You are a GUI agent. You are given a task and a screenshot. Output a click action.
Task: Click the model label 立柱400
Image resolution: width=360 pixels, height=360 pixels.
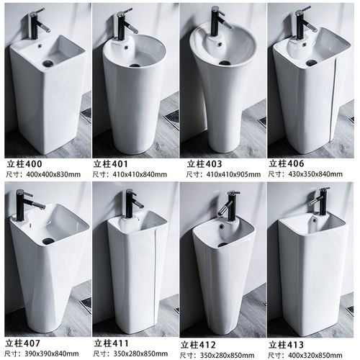tap(24, 164)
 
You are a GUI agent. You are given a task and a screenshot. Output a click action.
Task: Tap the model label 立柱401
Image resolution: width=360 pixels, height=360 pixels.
tap(111, 164)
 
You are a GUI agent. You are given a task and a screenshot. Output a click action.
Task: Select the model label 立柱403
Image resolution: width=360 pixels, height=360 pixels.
tap(204, 164)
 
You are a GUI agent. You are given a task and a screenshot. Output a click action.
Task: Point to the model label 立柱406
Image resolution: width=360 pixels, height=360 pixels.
tap(287, 163)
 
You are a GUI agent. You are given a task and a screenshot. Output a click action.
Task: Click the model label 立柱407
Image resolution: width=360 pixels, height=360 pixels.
tap(23, 343)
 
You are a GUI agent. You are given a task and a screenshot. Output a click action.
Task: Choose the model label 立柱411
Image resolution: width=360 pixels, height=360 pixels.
tap(112, 343)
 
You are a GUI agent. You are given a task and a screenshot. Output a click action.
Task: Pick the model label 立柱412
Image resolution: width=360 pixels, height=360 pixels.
tap(198, 345)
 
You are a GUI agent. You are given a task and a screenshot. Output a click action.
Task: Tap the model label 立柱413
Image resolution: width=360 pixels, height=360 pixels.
tap(286, 345)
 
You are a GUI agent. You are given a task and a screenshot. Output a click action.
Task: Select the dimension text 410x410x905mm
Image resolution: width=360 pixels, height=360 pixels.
tap(233, 174)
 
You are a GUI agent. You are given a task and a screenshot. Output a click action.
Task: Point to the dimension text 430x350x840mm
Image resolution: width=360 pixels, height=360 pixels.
tap(315, 174)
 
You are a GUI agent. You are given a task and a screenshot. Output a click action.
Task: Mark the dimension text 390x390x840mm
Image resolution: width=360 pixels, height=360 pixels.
tap(52, 354)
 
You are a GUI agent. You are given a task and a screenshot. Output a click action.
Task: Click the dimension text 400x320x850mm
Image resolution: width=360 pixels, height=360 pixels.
tap(315, 355)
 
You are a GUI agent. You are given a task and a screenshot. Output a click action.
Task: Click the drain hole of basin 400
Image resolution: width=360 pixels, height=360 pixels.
tap(48, 63)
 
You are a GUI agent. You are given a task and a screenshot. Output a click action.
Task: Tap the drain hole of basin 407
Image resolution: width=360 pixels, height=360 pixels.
tap(48, 240)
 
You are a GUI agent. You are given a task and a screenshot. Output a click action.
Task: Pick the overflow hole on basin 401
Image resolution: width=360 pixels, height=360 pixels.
tap(125, 48)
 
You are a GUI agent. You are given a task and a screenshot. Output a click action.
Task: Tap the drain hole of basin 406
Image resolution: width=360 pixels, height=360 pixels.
tap(311, 63)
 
